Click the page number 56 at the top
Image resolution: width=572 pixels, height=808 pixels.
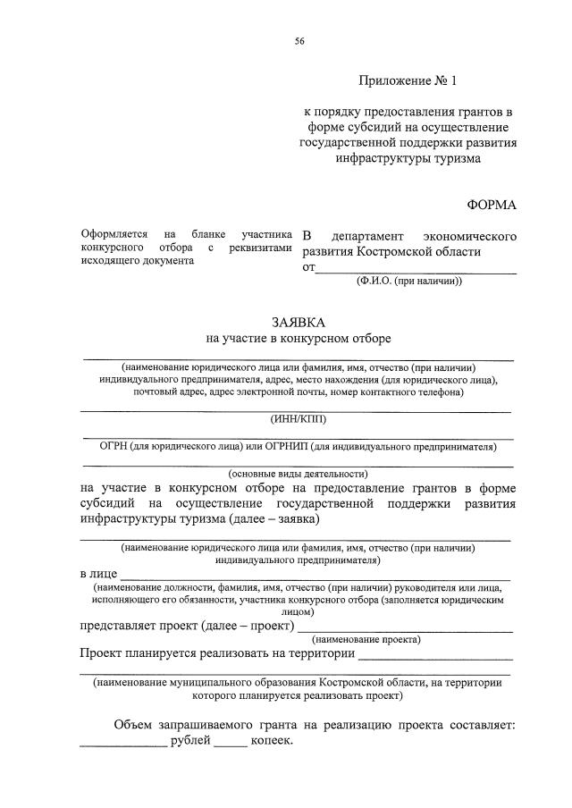tap(299, 41)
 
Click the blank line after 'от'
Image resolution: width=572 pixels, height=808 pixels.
tap(416, 269)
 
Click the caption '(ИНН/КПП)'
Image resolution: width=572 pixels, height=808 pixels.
tap(299, 418)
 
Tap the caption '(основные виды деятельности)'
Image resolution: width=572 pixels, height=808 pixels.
tap(299, 474)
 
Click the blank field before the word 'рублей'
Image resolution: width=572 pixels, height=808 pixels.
tap(122, 744)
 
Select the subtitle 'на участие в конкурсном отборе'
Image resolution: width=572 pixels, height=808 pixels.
tap(299, 338)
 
